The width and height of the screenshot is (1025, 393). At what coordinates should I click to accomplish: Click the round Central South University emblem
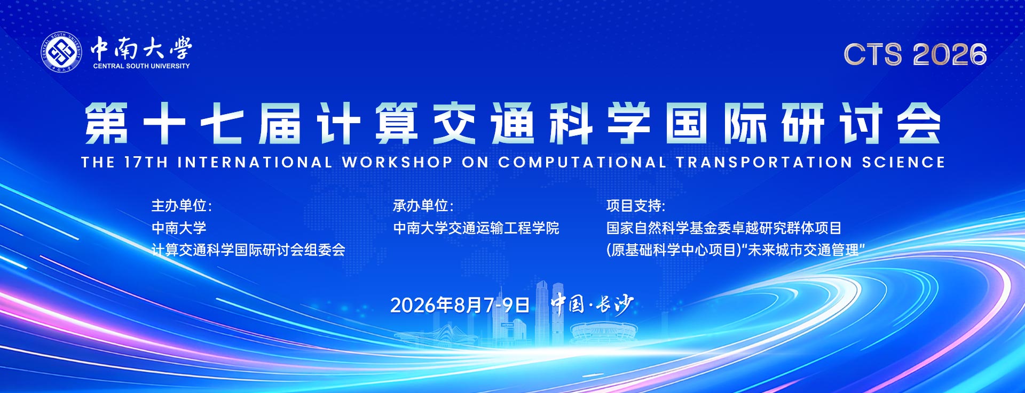point(62,52)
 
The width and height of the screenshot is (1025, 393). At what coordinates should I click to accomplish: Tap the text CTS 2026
point(915,54)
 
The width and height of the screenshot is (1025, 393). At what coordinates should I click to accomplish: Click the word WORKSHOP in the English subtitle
point(397,162)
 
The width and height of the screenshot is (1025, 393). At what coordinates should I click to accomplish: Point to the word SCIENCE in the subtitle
point(903,162)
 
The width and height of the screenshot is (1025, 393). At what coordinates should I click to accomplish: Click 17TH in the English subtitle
point(146,162)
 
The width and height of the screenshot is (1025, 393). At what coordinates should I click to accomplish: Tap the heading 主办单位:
point(182,206)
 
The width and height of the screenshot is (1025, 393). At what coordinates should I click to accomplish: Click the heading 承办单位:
point(423,206)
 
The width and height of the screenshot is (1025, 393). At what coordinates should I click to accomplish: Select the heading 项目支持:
point(635,206)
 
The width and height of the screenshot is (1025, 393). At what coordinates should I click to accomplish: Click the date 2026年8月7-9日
point(460,305)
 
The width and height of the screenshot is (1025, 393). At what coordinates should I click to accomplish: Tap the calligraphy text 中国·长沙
point(592,304)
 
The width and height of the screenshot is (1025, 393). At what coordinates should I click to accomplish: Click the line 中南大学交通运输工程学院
point(476,228)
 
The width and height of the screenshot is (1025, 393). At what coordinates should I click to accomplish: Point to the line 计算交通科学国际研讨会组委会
point(248,250)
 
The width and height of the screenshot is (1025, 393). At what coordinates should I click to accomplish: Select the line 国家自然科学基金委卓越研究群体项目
point(723,228)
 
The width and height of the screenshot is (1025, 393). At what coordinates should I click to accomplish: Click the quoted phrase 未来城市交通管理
point(803,250)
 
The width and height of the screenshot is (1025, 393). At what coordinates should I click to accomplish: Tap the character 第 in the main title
point(106,124)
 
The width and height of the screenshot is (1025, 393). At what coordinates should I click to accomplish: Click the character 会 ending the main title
point(918,124)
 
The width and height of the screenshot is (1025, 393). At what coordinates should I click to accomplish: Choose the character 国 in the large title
point(687,124)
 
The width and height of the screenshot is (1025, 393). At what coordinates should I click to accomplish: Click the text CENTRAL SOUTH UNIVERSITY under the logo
point(141,66)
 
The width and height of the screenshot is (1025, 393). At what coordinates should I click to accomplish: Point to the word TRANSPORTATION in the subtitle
point(764,162)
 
